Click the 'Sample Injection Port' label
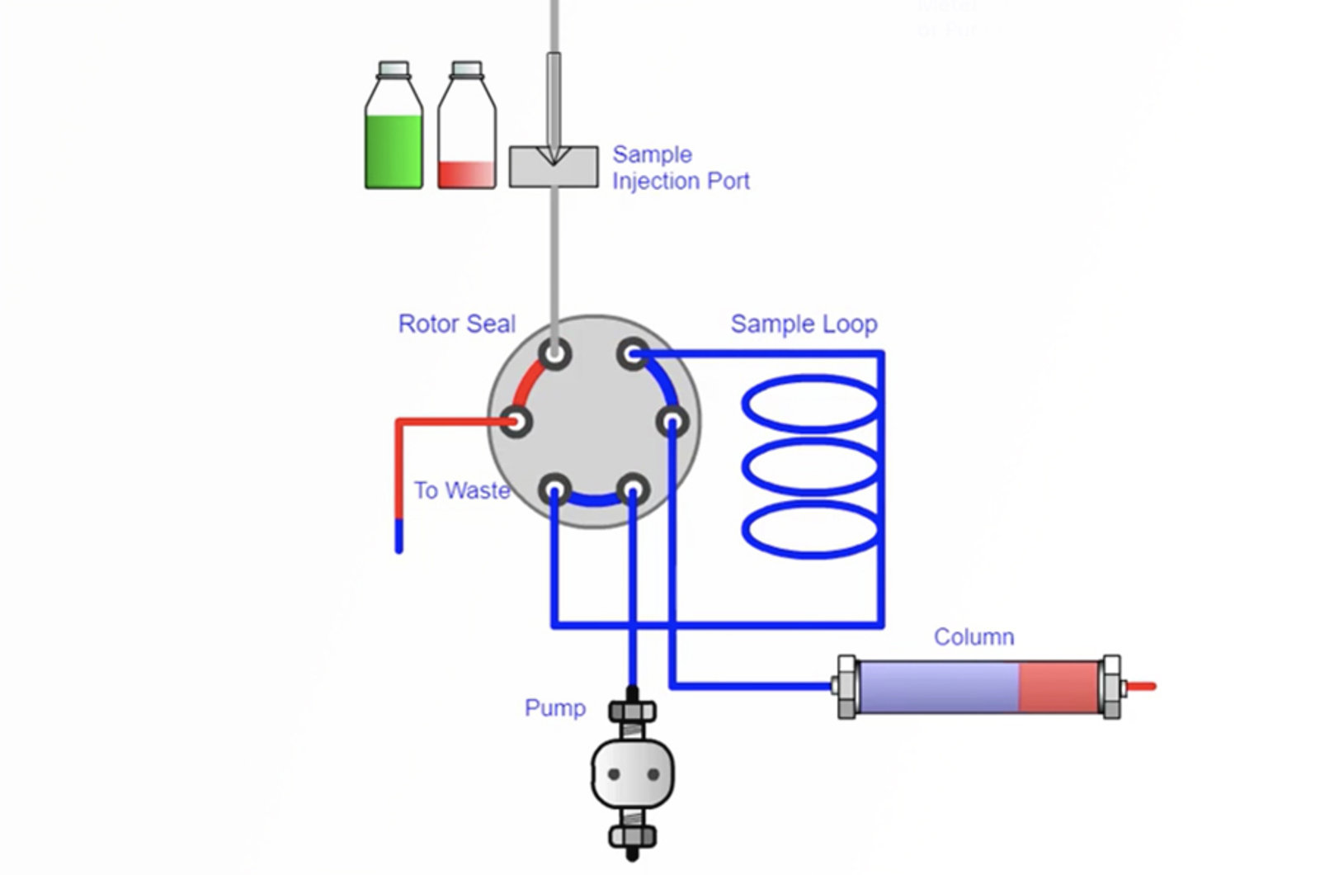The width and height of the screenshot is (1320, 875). [x=681, y=168]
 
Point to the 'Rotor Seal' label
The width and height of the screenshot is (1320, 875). [x=456, y=324]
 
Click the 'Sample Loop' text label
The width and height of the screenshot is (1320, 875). [x=804, y=324]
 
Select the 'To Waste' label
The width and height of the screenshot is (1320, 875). [x=461, y=490]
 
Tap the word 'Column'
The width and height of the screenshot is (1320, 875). [x=973, y=636]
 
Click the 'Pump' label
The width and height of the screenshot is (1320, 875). [x=554, y=707]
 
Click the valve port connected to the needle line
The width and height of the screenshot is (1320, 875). [x=555, y=355]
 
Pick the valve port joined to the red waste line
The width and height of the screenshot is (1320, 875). [x=516, y=423]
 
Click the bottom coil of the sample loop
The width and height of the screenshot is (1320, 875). [x=810, y=529]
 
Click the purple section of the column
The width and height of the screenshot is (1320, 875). [x=938, y=686]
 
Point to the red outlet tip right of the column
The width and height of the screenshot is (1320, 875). [x=1142, y=686]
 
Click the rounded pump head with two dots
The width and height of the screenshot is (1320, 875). [x=633, y=774]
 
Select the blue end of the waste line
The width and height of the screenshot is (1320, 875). [x=399, y=537]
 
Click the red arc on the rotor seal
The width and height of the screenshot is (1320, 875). [x=529, y=383]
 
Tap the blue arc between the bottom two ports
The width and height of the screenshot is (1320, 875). [x=594, y=499]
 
